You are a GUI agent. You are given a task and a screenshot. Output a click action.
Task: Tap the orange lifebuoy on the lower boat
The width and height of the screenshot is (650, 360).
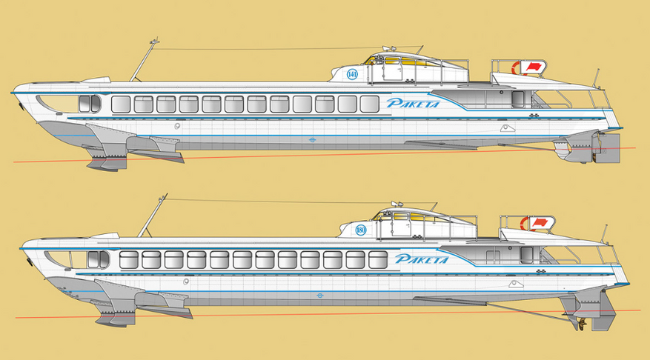(x=525, y=223)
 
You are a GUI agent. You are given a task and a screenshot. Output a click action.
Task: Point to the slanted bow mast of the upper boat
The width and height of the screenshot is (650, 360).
(x=143, y=61)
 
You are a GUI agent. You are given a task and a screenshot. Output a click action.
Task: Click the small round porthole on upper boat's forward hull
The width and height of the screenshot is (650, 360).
(x=176, y=126)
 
